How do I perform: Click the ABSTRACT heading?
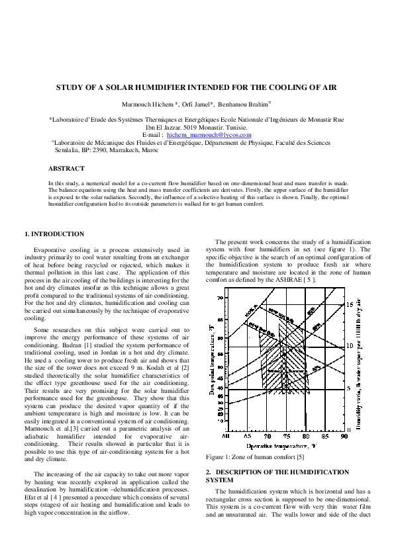pyautogui.click(x=66, y=169)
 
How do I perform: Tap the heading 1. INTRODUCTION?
pyautogui.click(x=54, y=234)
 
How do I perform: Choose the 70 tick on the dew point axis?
pyautogui.click(x=220, y=298)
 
